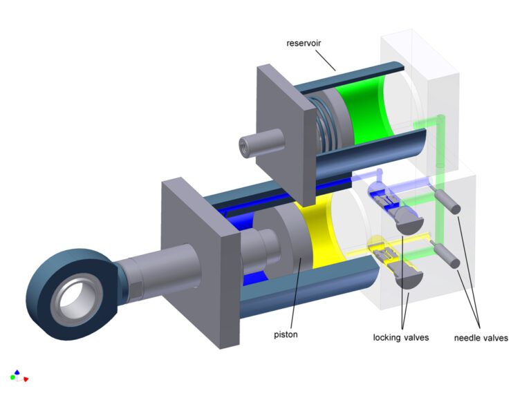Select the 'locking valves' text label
(401, 337)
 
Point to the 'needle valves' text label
(481, 338)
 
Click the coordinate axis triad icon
(18, 375)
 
